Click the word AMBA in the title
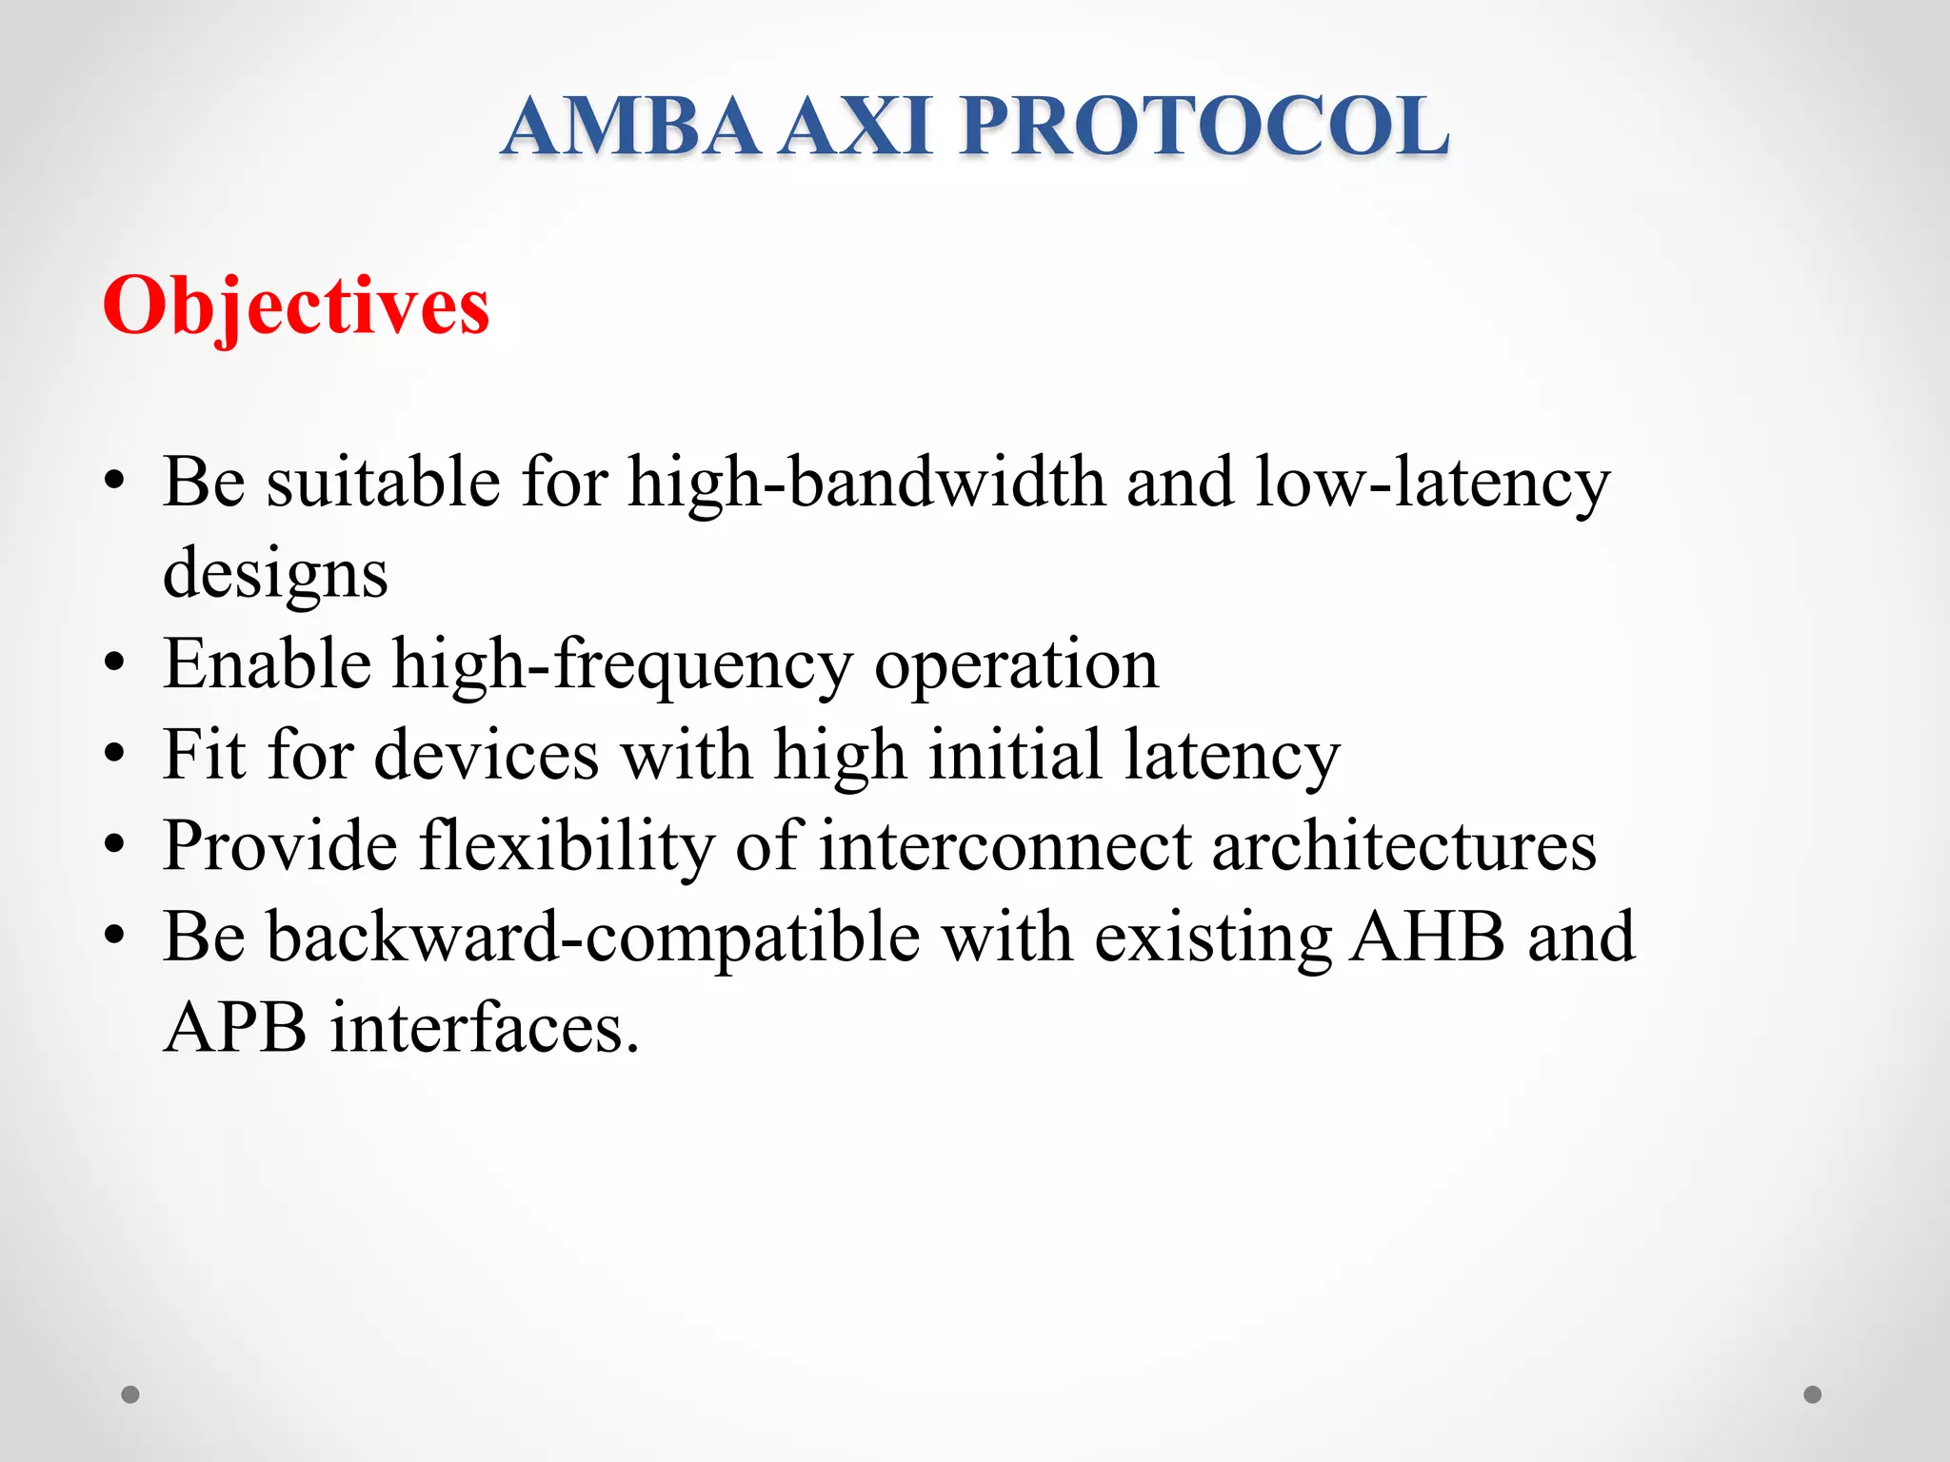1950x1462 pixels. click(630, 127)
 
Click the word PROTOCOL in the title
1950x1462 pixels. click(1204, 127)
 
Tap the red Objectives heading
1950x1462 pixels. click(296, 306)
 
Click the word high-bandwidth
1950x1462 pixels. click(866, 482)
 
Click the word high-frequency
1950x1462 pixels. click(623, 665)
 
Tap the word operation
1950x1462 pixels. click(1016, 665)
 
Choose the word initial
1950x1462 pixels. click(1015, 755)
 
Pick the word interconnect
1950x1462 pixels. click(1005, 846)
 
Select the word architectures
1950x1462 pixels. click(1403, 846)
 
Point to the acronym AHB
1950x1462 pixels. click(1427, 937)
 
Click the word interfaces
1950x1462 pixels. click(484, 1028)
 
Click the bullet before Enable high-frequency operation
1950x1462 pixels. click(115, 663)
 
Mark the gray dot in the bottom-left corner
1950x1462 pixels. click(130, 1394)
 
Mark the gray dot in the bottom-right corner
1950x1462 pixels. click(1813, 1394)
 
